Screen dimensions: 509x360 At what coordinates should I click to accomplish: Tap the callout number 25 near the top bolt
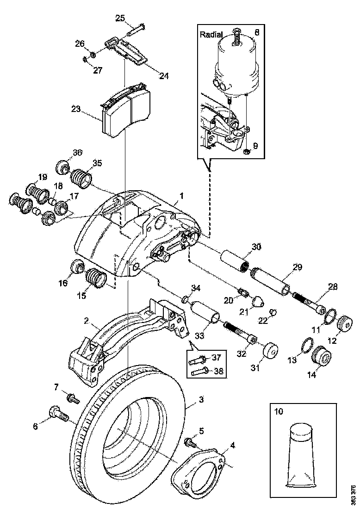(120, 19)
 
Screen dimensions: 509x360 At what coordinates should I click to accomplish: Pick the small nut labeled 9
(247, 151)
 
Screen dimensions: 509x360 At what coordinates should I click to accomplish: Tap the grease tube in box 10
(301, 455)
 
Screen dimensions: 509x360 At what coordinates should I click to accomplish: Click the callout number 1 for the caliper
(181, 196)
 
